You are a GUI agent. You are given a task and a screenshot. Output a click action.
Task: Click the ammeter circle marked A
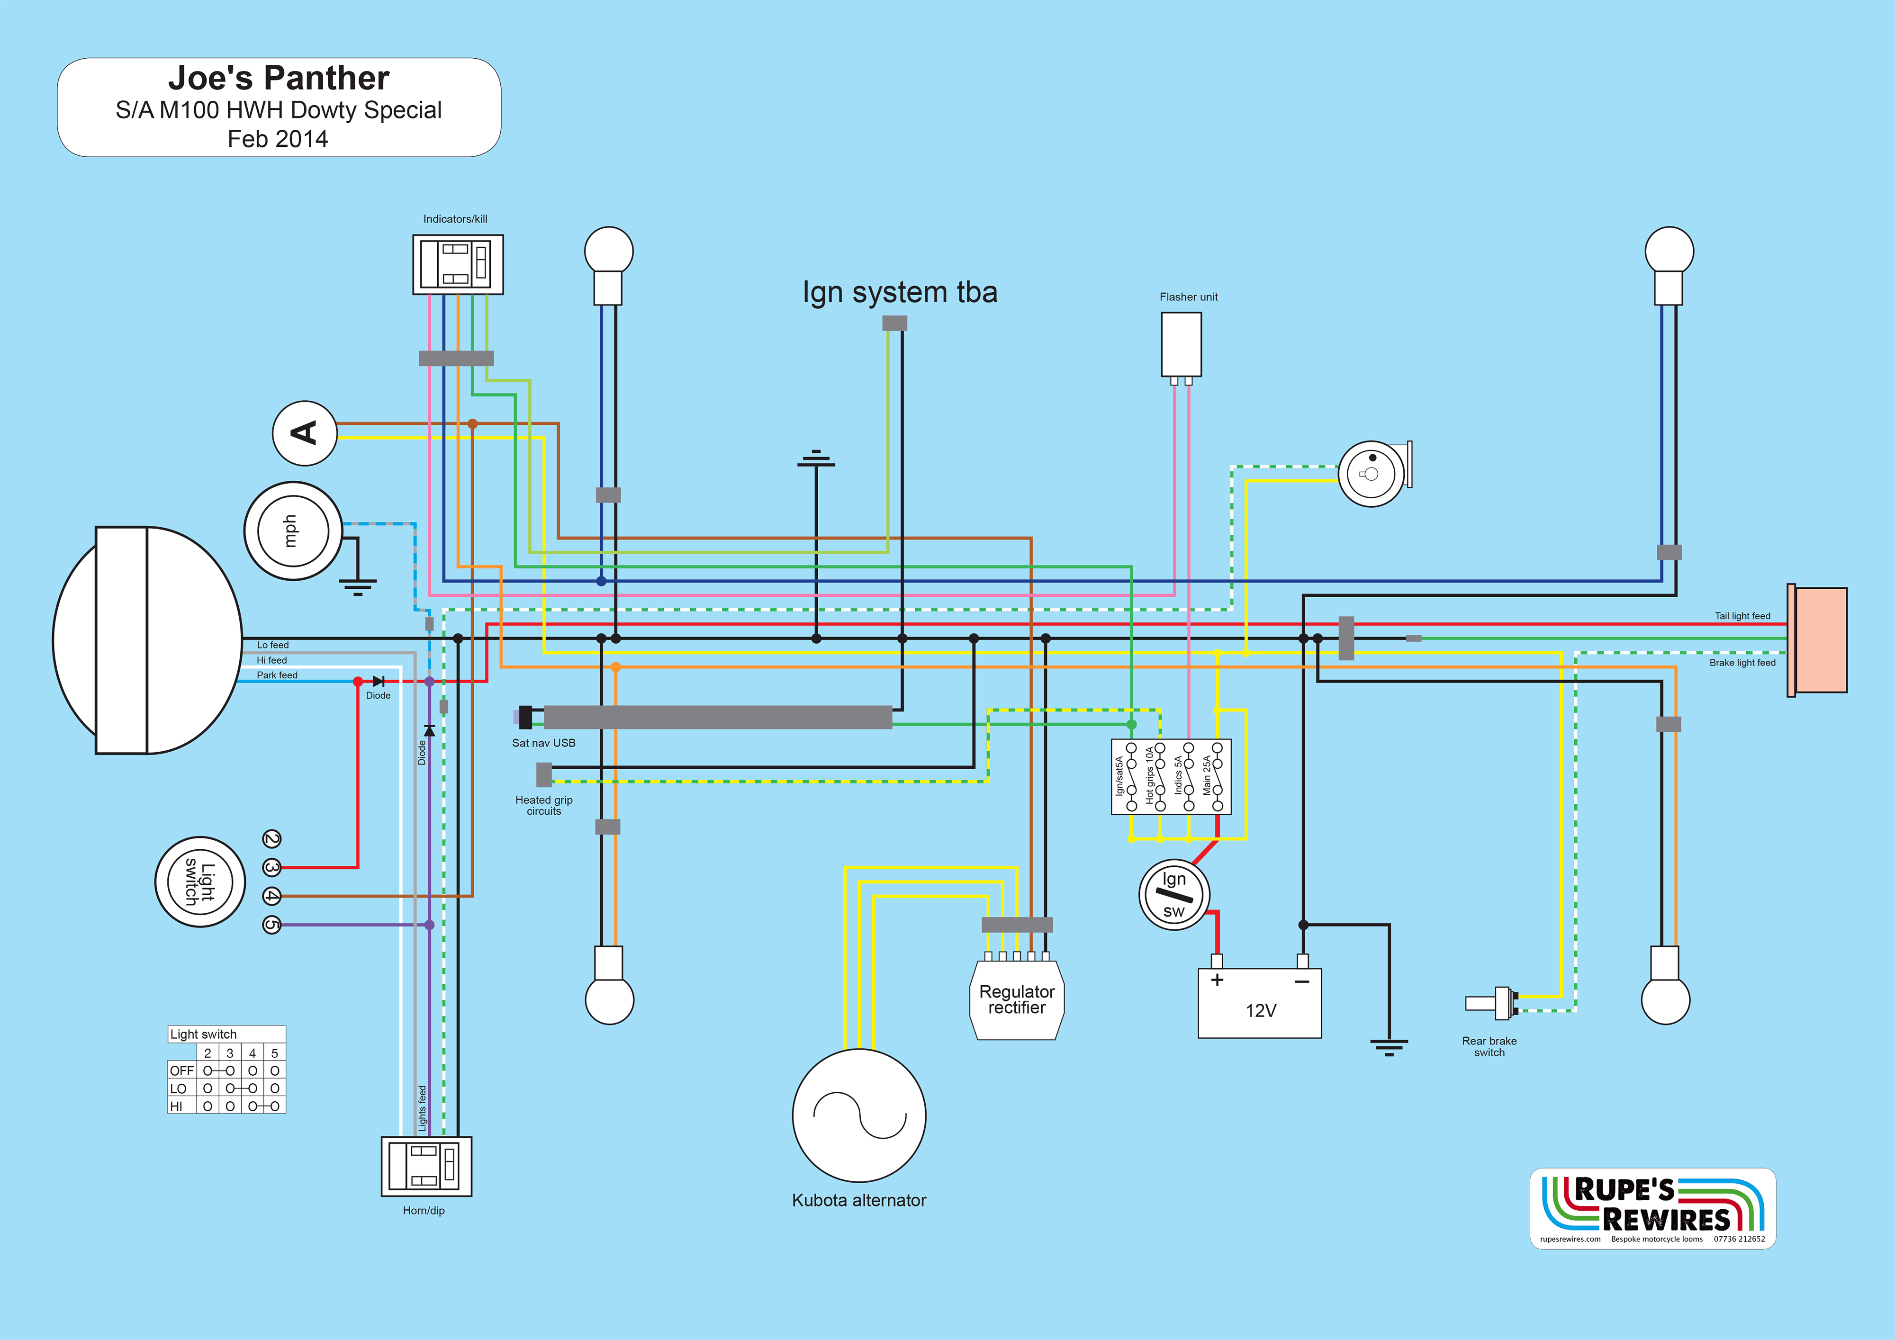point(305,433)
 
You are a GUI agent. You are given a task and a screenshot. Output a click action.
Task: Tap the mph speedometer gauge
point(293,531)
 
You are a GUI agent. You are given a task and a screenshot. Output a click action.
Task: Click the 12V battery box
point(1260,1003)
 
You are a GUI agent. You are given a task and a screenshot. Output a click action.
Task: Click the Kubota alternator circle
point(859,1115)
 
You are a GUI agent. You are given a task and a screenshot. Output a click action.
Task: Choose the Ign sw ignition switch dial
point(1173,895)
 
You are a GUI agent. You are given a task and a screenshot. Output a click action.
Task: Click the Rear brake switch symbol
point(1492,1003)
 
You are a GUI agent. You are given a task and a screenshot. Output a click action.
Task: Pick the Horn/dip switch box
point(426,1166)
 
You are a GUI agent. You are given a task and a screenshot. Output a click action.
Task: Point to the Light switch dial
point(200,882)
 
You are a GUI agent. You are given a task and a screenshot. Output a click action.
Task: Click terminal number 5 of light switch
point(271,925)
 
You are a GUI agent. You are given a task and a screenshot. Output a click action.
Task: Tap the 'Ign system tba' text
point(900,292)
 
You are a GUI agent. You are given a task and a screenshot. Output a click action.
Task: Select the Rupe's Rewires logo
point(1652,1208)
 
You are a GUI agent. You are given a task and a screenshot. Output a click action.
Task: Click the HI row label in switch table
point(177,1106)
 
